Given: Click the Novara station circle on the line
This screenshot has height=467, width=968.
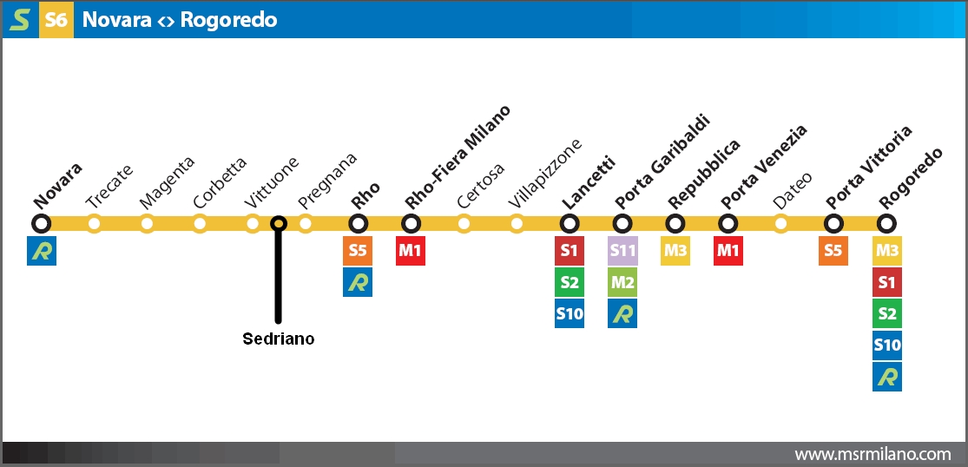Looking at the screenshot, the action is click(41, 224).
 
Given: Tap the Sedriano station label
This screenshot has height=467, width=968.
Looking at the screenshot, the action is click(278, 339).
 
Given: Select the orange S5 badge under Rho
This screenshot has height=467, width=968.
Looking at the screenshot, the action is click(358, 251).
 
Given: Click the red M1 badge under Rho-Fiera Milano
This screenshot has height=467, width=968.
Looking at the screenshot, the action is click(411, 251).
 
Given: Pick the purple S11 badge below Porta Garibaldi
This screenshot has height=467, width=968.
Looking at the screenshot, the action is click(622, 251).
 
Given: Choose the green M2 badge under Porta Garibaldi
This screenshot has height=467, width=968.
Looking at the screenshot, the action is click(622, 282).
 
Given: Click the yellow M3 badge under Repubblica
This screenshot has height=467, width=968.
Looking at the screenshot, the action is click(675, 251).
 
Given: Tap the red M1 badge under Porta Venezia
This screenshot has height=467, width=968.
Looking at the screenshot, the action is click(728, 251).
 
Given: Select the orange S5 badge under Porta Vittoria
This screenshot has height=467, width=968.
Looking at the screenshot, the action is click(833, 251).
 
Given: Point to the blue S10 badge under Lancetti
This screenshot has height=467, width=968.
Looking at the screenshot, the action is click(570, 313).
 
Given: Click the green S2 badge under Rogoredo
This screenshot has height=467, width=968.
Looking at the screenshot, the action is click(886, 313).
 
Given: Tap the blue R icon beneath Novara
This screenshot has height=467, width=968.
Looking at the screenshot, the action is click(41, 251).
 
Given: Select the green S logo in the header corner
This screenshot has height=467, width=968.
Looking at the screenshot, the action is click(19, 19).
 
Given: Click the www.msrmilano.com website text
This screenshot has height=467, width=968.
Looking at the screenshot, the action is click(873, 454).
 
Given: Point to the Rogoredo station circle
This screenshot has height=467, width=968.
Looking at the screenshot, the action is click(886, 224).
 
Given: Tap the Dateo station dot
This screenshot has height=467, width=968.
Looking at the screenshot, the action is click(781, 224).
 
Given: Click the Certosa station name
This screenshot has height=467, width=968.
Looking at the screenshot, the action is click(479, 184).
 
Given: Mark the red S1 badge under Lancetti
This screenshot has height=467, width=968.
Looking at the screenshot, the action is click(570, 251).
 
